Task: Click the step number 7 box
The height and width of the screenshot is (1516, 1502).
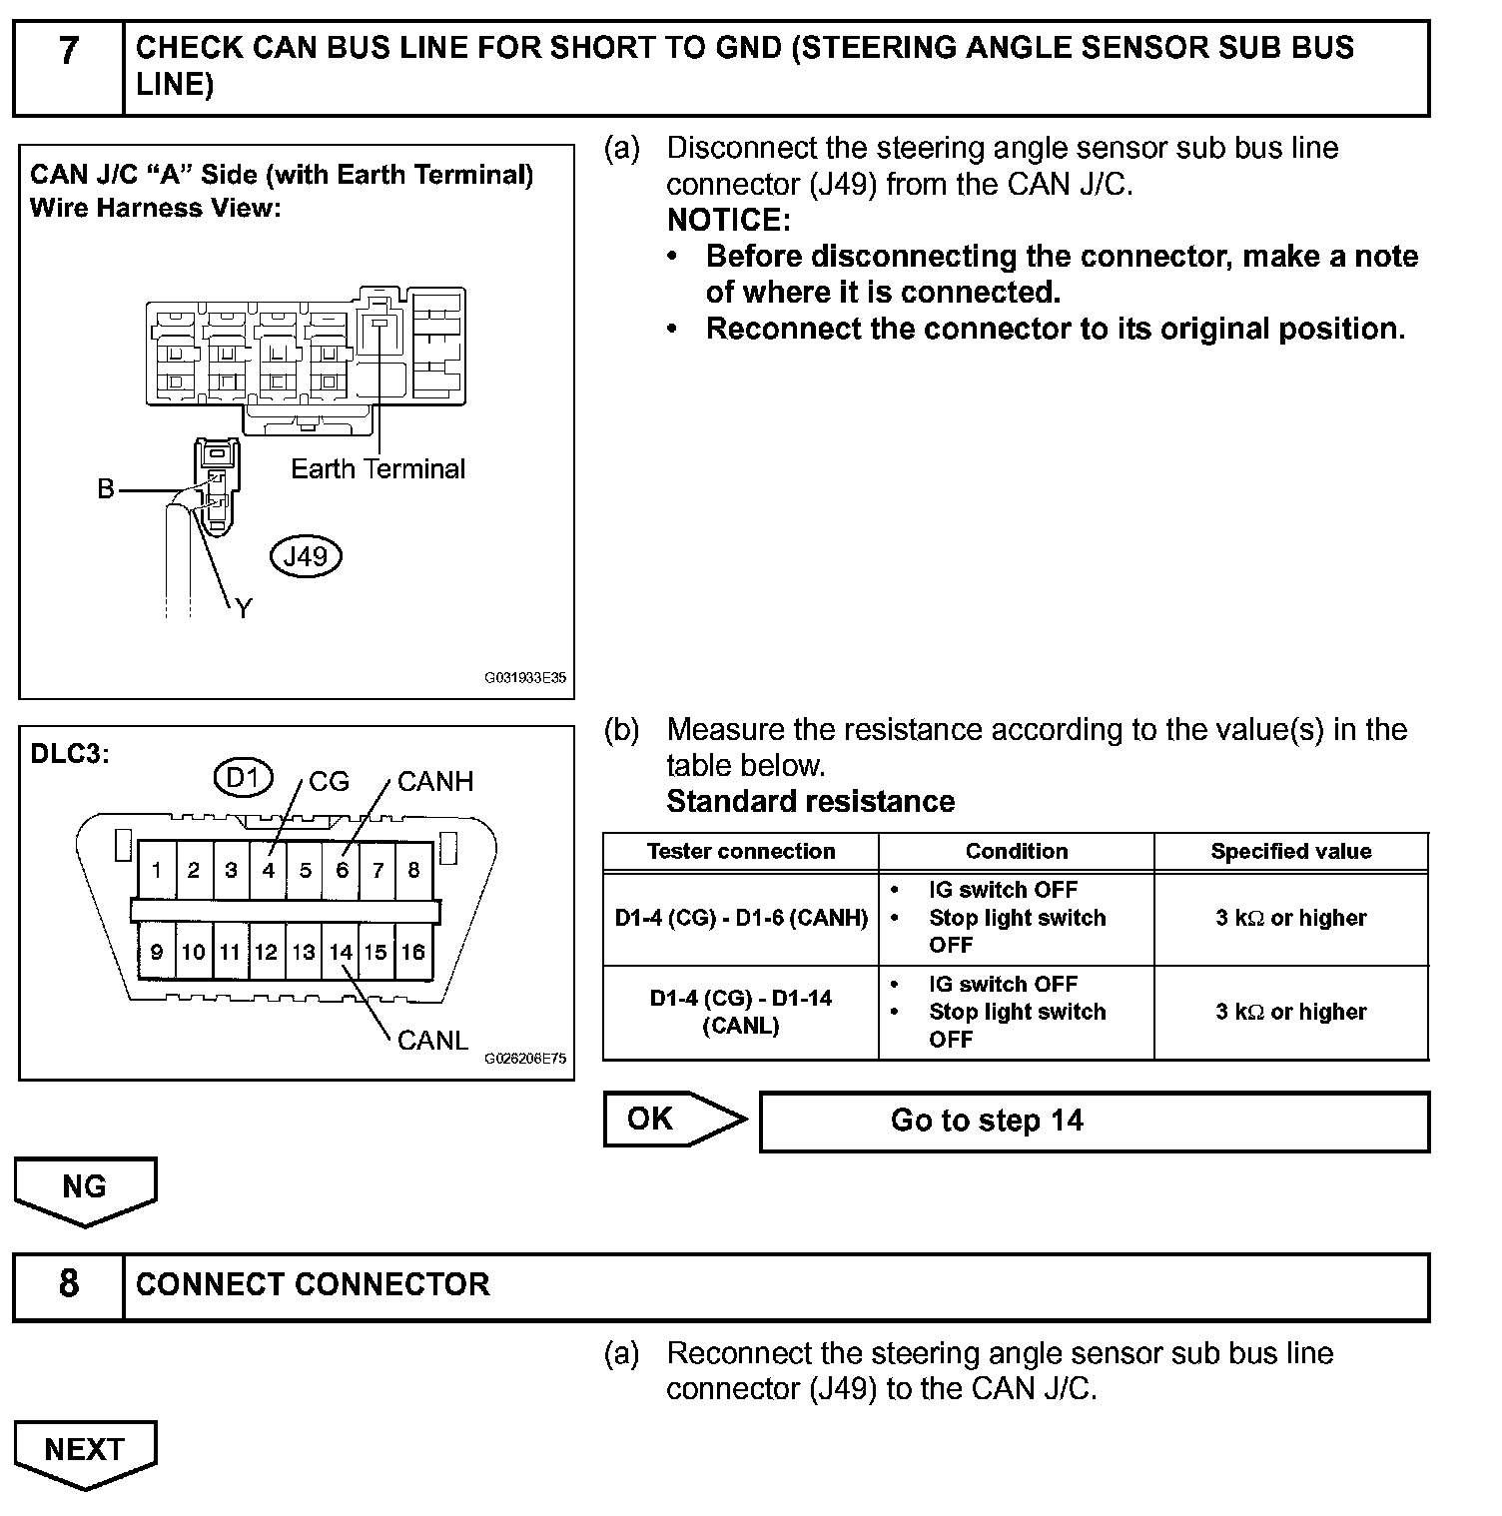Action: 68,68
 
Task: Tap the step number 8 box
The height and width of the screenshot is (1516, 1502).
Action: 68,1286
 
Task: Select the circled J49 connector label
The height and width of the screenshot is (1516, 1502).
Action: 306,556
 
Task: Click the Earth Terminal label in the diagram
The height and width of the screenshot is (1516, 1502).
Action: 377,469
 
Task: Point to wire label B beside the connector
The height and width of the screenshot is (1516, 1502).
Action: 106,489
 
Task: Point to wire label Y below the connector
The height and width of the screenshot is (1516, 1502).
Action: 244,608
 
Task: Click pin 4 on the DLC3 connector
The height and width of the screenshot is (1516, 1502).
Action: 268,870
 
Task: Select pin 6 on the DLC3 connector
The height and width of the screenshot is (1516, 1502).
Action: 342,870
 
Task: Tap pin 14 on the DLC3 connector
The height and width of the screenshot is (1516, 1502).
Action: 341,952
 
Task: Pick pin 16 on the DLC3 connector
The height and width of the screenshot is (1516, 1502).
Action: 413,952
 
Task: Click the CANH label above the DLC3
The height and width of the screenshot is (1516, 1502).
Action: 434,782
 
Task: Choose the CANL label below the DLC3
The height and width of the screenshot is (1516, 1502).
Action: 432,1041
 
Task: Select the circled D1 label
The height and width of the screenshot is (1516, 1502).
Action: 243,777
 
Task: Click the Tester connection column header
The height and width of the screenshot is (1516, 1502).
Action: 740,852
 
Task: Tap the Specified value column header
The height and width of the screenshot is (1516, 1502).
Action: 1290,852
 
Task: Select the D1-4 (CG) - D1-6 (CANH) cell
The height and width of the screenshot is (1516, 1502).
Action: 740,918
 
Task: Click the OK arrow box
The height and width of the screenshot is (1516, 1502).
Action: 671,1120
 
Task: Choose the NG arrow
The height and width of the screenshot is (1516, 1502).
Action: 85,1188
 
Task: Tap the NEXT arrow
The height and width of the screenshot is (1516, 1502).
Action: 85,1451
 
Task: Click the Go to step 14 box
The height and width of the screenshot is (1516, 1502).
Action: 1094,1121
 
